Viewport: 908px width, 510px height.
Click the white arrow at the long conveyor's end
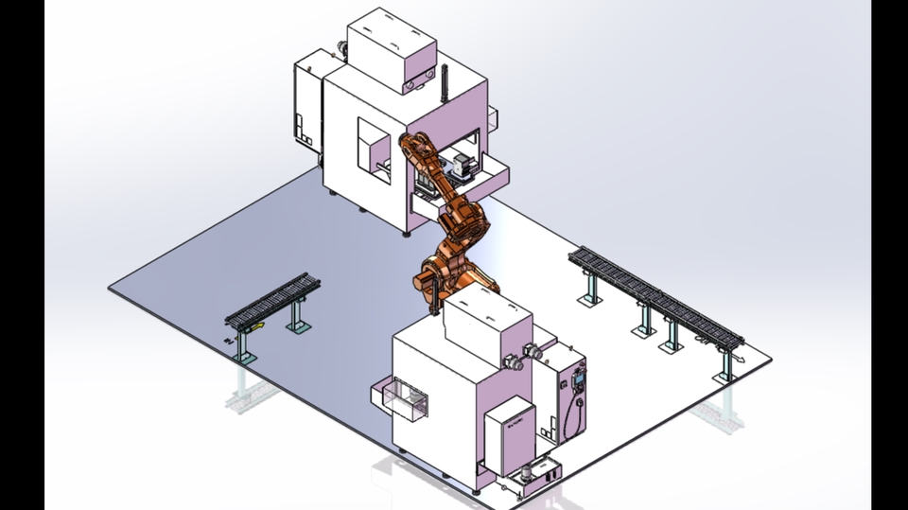(x=742, y=360)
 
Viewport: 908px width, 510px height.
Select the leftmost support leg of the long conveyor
(x=591, y=285)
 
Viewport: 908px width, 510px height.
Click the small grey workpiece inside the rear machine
(x=462, y=167)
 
